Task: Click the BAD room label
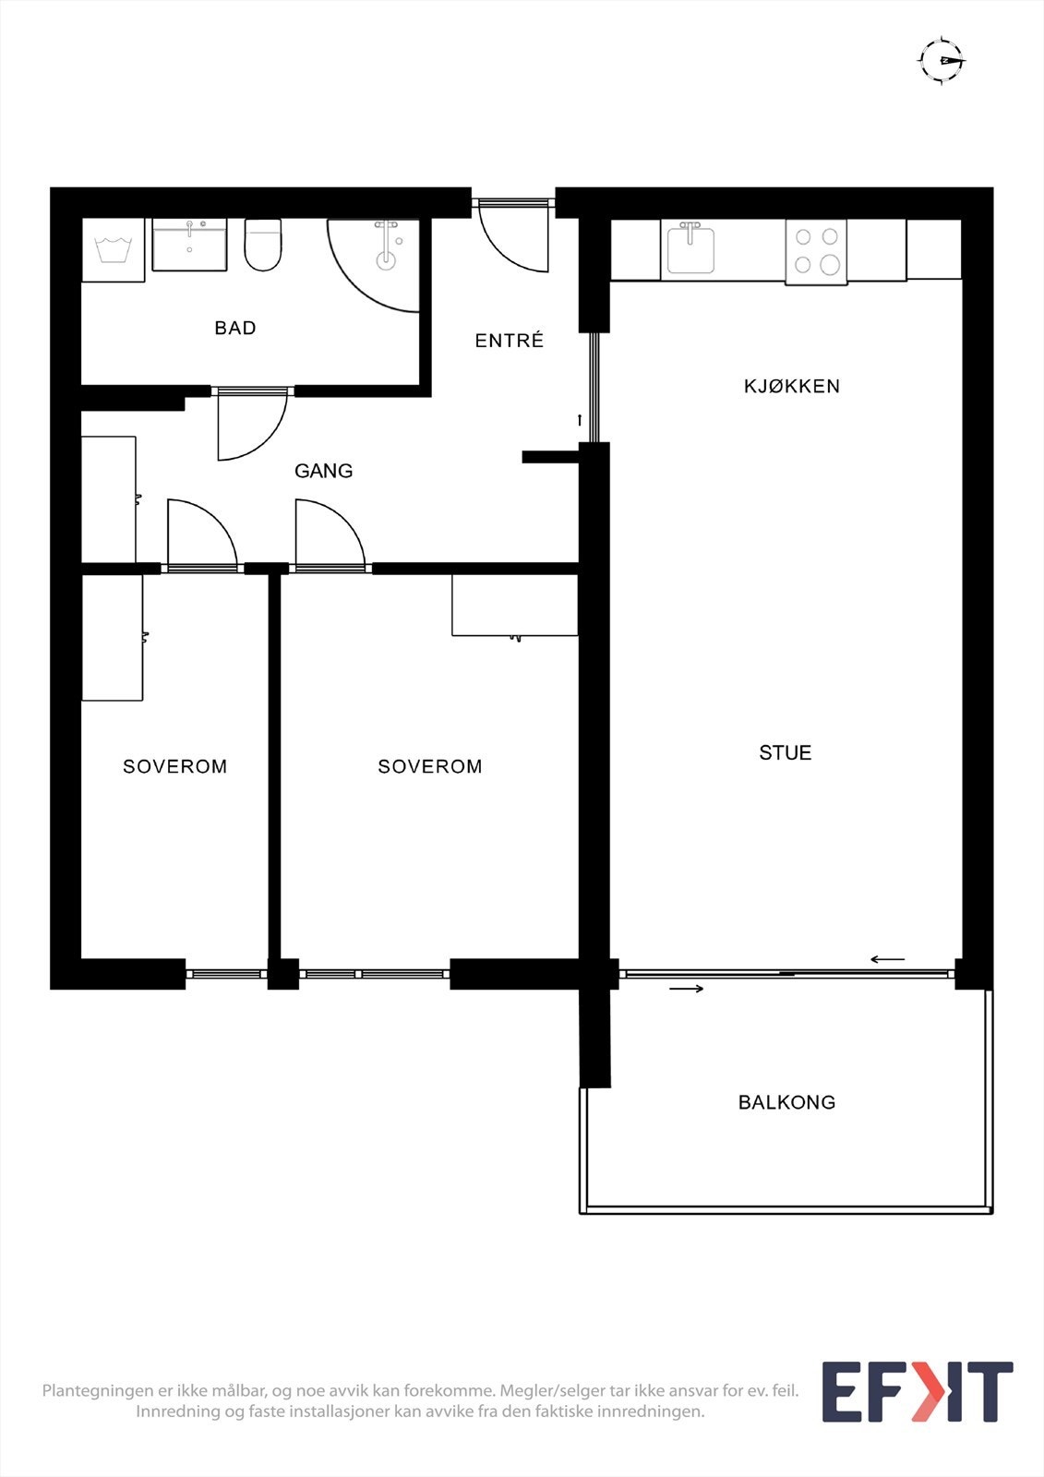tap(234, 328)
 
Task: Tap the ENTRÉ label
tap(510, 340)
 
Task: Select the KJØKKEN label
tap(791, 386)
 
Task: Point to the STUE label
tap(785, 752)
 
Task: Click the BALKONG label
tap(786, 1102)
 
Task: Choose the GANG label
tap(323, 471)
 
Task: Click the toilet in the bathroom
tap(263, 245)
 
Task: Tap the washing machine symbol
tap(114, 250)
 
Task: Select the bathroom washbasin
tap(189, 245)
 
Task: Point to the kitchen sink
tap(690, 248)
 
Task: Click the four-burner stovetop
tap(817, 252)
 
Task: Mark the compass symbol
tap(942, 61)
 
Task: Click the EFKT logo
tap(918, 1392)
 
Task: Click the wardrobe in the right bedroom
tap(515, 606)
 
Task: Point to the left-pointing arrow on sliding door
tap(887, 959)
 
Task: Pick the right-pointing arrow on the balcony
tap(687, 989)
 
